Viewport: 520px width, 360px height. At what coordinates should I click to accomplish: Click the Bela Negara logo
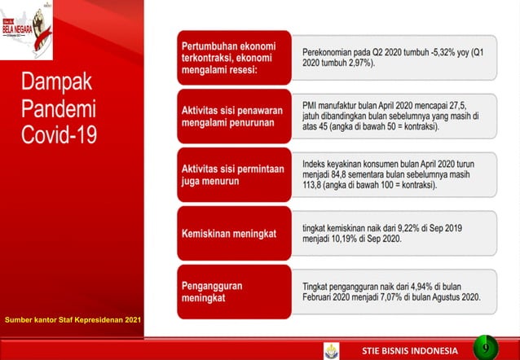point(27,30)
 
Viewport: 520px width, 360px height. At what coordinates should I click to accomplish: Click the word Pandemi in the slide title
point(58,108)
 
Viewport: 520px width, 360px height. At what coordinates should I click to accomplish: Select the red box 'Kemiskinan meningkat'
point(229,234)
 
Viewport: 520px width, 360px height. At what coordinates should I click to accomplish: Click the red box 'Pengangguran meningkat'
point(229,292)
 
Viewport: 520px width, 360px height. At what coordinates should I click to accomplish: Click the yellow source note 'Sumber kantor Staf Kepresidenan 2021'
point(72,318)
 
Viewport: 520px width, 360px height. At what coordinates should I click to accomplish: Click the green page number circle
point(486,348)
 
